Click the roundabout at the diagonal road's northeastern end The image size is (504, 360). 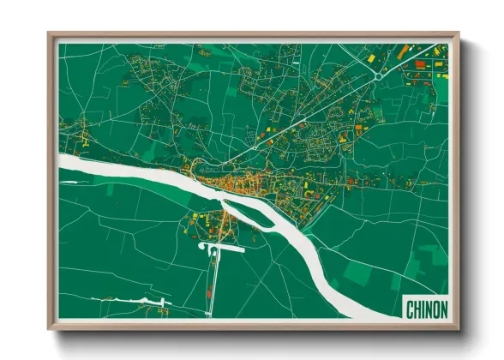click(x=376, y=76)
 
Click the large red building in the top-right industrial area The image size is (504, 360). click(x=420, y=63)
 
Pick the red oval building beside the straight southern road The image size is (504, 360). click(x=208, y=294)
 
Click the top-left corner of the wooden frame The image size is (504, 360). click(x=49, y=34)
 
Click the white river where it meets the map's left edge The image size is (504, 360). click(x=62, y=161)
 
